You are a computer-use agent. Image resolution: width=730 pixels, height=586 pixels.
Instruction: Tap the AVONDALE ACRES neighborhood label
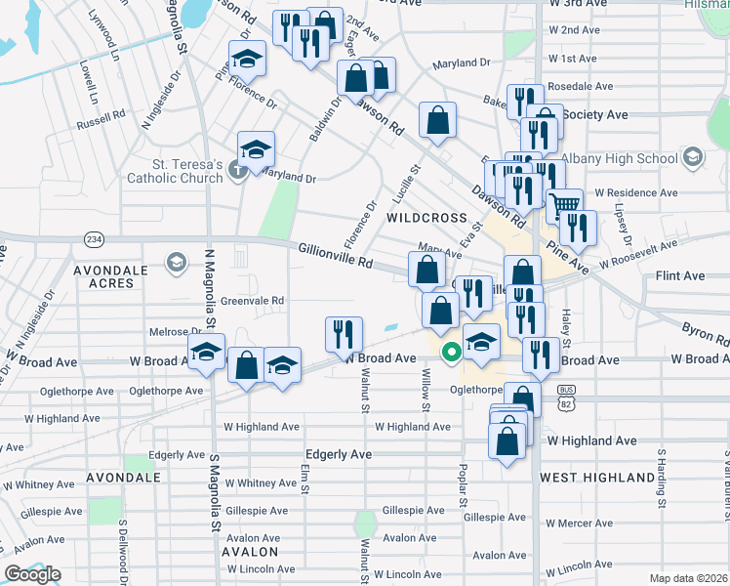point(108,276)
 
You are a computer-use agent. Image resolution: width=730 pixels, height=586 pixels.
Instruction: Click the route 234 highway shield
point(94,239)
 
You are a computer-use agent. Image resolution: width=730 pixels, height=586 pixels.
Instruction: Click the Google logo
point(32,574)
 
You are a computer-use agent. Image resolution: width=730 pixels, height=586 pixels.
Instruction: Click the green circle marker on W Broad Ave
point(451,352)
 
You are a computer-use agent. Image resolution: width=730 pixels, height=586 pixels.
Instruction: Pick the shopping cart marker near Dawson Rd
point(564,205)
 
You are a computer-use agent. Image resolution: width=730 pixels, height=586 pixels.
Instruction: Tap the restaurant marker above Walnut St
point(344,333)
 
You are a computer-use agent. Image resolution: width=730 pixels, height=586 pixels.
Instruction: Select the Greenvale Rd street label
point(252,301)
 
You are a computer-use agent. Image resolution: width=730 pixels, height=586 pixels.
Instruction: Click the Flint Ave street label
point(679,276)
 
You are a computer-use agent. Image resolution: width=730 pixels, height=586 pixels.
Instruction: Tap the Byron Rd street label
point(706,334)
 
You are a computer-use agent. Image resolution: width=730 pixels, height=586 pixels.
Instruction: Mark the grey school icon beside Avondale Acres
point(177,261)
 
